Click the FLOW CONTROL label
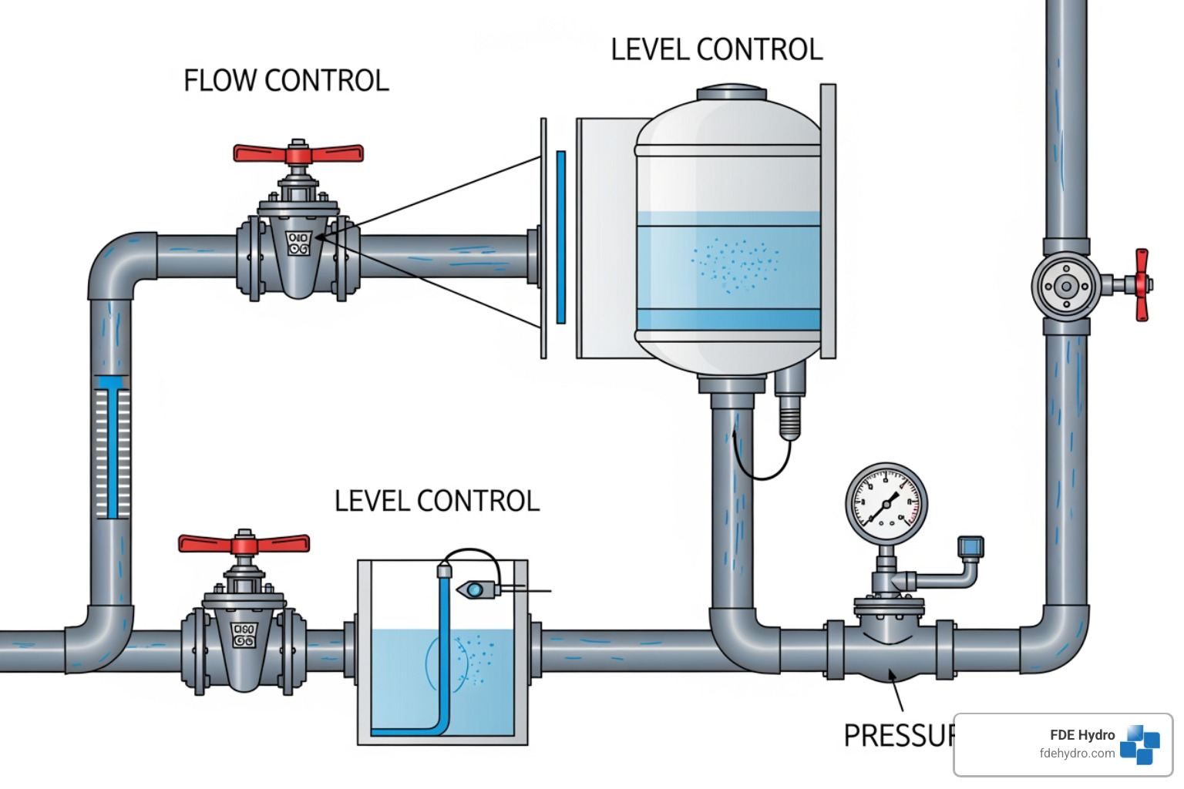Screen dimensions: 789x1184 point(286,81)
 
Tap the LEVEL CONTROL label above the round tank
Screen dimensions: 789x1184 point(716,50)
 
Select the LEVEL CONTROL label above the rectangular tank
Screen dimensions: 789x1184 point(436,502)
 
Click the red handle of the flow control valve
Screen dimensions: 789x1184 point(298,153)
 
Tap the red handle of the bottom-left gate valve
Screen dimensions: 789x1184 point(244,544)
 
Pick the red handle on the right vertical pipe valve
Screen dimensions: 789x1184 point(1142,284)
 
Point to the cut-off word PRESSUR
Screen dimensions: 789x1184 point(899,736)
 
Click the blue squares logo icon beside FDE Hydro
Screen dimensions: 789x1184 point(1140,744)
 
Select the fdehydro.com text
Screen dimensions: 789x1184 point(1077,754)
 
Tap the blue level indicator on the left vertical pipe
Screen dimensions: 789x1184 point(113,447)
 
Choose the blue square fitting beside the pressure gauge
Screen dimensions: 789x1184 point(970,547)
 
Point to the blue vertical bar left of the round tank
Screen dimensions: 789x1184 point(561,237)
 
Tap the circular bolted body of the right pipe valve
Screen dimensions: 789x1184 point(1066,287)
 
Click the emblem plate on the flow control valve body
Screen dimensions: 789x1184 point(298,243)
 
